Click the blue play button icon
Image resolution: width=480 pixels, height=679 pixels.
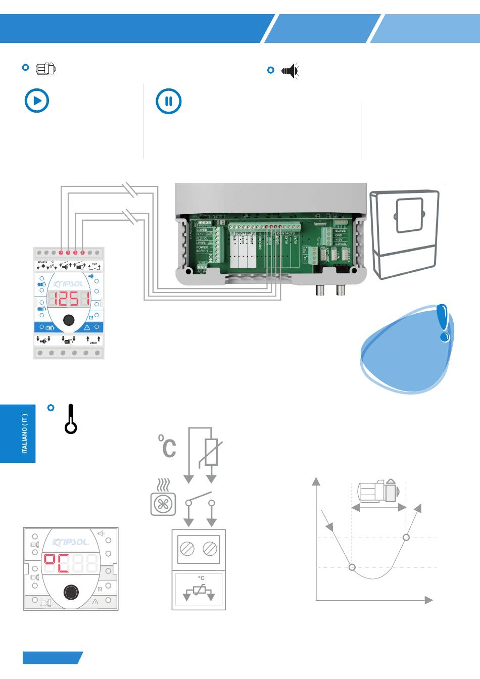(37, 101)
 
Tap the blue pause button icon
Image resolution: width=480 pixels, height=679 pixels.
(169, 101)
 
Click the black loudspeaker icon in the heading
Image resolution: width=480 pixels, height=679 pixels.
(291, 71)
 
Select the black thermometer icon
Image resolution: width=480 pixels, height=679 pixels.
(71, 419)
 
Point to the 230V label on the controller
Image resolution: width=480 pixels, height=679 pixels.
(93, 343)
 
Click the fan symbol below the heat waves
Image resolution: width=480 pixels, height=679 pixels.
(163, 504)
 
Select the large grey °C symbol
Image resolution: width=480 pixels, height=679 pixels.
(168, 446)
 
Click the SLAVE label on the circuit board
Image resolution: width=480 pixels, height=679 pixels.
(340, 231)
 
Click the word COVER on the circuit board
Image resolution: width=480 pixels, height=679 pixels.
(202, 230)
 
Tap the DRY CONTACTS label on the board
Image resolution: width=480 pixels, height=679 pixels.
(282, 233)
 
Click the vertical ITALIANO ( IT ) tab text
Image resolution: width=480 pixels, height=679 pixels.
(24, 433)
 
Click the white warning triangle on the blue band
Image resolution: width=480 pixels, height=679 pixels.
(87, 327)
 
